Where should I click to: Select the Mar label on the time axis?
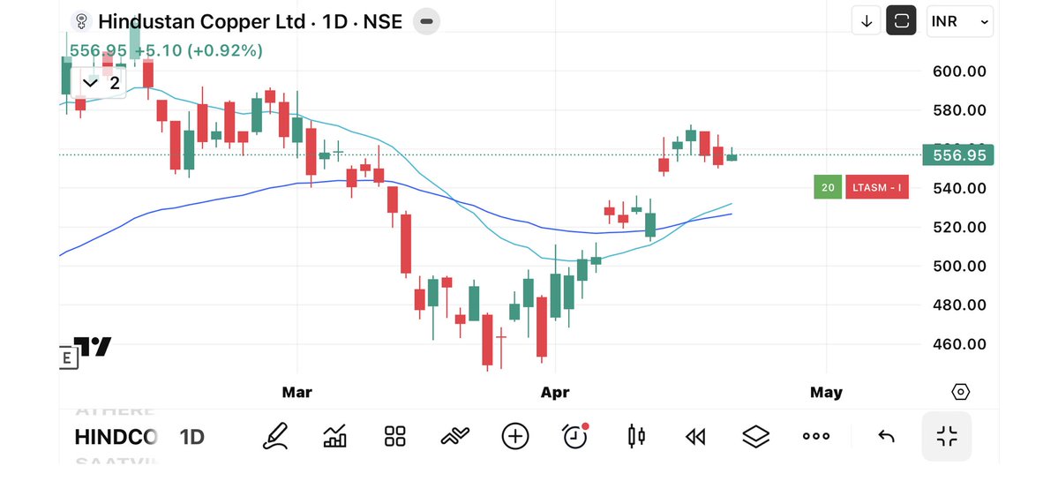click(x=297, y=392)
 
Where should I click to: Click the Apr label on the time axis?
click(x=555, y=392)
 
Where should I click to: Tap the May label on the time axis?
click(x=826, y=392)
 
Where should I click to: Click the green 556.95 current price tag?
click(x=957, y=155)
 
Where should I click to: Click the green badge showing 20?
click(x=828, y=187)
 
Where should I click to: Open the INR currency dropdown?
click(x=960, y=21)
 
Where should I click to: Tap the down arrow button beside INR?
click(x=867, y=21)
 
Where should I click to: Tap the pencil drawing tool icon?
click(x=275, y=436)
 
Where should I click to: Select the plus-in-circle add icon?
click(x=515, y=436)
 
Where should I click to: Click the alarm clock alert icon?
click(x=575, y=435)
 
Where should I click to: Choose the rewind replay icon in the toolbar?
click(x=695, y=436)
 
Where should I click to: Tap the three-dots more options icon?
click(x=815, y=436)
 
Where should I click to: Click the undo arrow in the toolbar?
click(x=886, y=436)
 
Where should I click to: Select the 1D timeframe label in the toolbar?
click(x=192, y=437)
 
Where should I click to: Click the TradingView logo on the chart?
click(x=92, y=347)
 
